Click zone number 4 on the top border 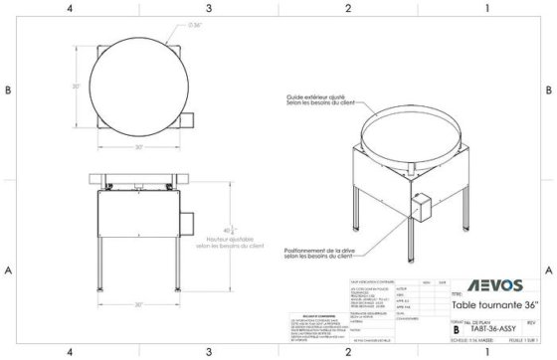(x=69, y=8)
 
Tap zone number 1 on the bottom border (x=487, y=352)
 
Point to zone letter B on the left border (x=8, y=90)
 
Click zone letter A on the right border (x=549, y=270)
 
